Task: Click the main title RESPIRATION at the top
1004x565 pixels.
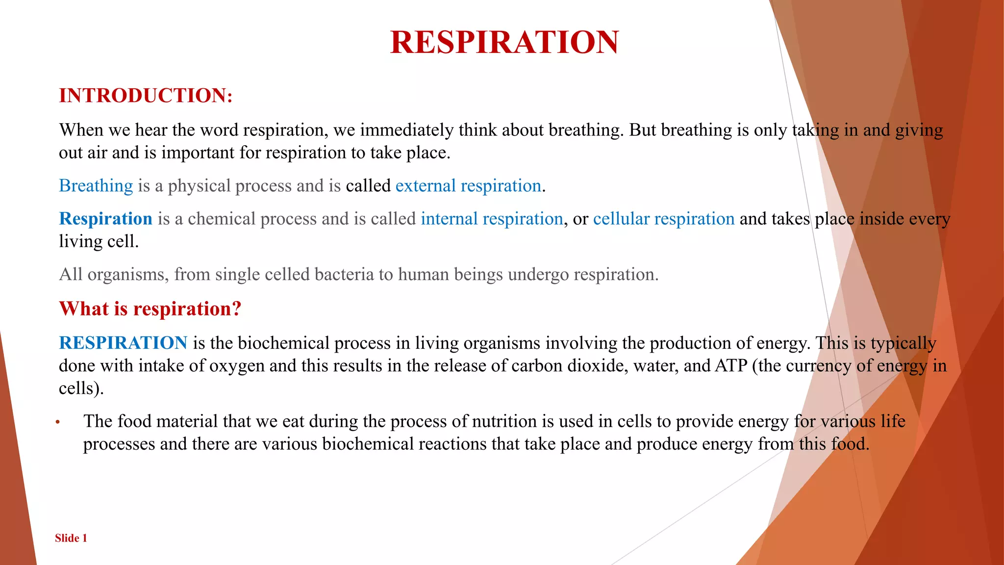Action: click(x=504, y=42)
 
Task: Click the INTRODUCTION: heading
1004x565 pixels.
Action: click(x=146, y=96)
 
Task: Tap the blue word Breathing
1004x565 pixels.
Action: click(x=96, y=186)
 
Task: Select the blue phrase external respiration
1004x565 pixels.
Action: click(x=468, y=186)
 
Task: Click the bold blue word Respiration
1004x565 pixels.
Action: click(x=105, y=219)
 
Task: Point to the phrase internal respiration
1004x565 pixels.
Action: click(x=491, y=219)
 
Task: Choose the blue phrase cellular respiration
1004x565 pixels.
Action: click(x=663, y=219)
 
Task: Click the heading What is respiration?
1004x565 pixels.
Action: click(x=150, y=309)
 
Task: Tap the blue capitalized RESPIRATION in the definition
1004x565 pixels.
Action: click(x=123, y=343)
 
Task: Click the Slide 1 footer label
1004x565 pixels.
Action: click(x=71, y=538)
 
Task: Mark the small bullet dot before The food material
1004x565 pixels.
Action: click(x=57, y=422)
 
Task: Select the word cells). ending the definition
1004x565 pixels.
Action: click(x=81, y=388)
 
